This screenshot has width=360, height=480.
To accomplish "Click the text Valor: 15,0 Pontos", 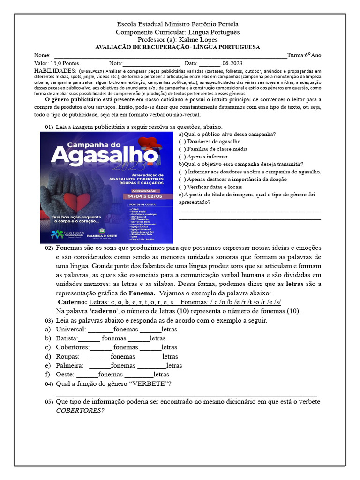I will (56, 63).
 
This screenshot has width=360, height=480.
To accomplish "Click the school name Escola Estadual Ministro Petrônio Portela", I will (178, 24).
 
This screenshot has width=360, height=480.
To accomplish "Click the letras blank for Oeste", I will (139, 375).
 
